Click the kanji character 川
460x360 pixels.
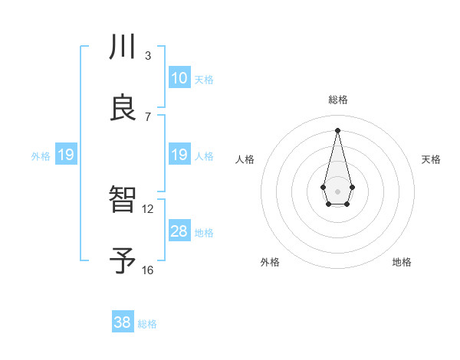pyautogui.click(x=123, y=47)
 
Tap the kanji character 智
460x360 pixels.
pyautogui.click(x=123, y=201)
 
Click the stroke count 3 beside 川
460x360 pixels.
pyautogui.click(x=147, y=55)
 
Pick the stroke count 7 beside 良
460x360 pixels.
pyautogui.click(x=147, y=116)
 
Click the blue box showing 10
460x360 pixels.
pyautogui.click(x=179, y=78)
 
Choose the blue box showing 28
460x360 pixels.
pyautogui.click(x=179, y=231)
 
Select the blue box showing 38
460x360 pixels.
pyautogui.click(x=123, y=322)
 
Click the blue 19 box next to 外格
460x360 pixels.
pyautogui.click(x=66, y=155)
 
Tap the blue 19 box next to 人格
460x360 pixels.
pyautogui.click(x=179, y=155)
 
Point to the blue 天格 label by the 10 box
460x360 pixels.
pyautogui.click(x=204, y=80)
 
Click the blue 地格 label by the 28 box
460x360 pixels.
pyautogui.click(x=204, y=233)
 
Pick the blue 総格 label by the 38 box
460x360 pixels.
pyautogui.click(x=147, y=324)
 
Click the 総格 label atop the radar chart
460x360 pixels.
pyautogui.click(x=338, y=100)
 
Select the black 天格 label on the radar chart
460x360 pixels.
pyautogui.click(x=431, y=159)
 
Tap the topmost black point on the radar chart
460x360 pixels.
pyautogui.click(x=337, y=129)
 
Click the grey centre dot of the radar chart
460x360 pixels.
pyautogui.click(x=337, y=190)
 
